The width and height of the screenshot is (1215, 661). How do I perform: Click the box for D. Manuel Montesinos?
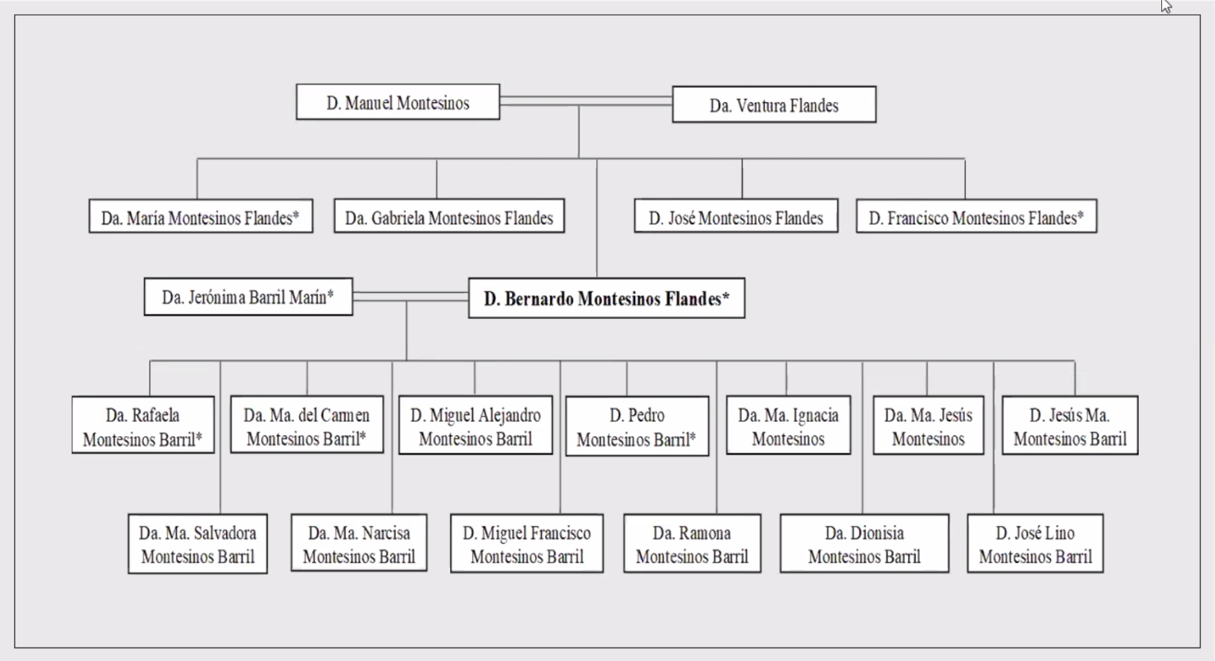coord(398,102)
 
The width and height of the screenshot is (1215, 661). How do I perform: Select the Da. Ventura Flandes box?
coord(774,105)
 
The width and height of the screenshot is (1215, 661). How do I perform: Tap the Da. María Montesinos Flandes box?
coord(201,217)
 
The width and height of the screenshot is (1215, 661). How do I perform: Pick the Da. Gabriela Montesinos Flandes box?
coord(449,217)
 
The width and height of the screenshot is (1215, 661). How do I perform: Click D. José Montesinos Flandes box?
coord(736,217)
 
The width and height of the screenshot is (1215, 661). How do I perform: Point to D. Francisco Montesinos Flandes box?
coord(976,217)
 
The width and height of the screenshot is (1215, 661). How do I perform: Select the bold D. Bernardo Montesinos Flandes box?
coord(606,299)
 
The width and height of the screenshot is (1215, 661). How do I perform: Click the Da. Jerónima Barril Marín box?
coord(248,297)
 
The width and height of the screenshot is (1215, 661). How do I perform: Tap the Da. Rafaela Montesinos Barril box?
coord(143,426)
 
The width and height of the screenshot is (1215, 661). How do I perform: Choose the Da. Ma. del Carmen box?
coord(307,426)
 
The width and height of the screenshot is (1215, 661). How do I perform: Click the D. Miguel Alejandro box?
coord(475,426)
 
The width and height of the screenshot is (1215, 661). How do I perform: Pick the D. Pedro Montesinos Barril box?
coord(637,426)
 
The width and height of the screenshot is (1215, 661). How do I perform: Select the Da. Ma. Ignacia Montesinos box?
coord(788,426)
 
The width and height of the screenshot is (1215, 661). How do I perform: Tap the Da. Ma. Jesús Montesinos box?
coord(928,426)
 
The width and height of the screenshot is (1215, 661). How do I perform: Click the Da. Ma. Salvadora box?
coord(198,544)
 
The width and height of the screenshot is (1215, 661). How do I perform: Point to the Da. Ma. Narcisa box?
coord(359,544)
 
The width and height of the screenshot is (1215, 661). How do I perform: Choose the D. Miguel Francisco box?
coord(527,544)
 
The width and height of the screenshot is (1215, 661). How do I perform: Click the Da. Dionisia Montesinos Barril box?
coord(864,544)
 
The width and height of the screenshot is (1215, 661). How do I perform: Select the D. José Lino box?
coord(1035,544)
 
